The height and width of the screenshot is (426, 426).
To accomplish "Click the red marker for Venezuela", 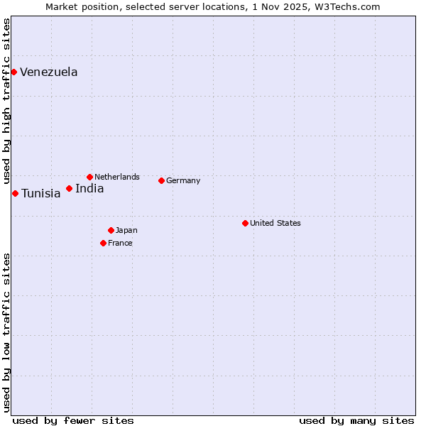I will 13,72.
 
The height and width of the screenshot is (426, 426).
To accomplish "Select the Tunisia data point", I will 15,193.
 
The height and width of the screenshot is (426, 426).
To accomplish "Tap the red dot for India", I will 69,188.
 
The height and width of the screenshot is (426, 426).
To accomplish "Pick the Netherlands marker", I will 89,177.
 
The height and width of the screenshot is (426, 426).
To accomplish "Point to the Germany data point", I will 161,180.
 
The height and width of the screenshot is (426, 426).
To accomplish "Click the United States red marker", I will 245,223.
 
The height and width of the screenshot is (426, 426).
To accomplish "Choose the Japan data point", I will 111,230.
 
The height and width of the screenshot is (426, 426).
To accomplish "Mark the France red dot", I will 103,243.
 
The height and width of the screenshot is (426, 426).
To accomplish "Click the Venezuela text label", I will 49,72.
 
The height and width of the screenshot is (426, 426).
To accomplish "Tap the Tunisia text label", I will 41,194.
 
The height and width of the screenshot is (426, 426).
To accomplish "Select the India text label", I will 89,189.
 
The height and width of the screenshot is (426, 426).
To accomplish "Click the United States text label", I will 275,223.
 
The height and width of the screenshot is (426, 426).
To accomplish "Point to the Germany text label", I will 183,180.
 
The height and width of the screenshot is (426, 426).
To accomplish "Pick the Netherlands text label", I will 117,177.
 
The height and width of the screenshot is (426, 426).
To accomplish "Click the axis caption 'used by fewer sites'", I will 73,420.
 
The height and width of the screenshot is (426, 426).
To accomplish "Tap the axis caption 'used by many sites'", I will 356,420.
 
